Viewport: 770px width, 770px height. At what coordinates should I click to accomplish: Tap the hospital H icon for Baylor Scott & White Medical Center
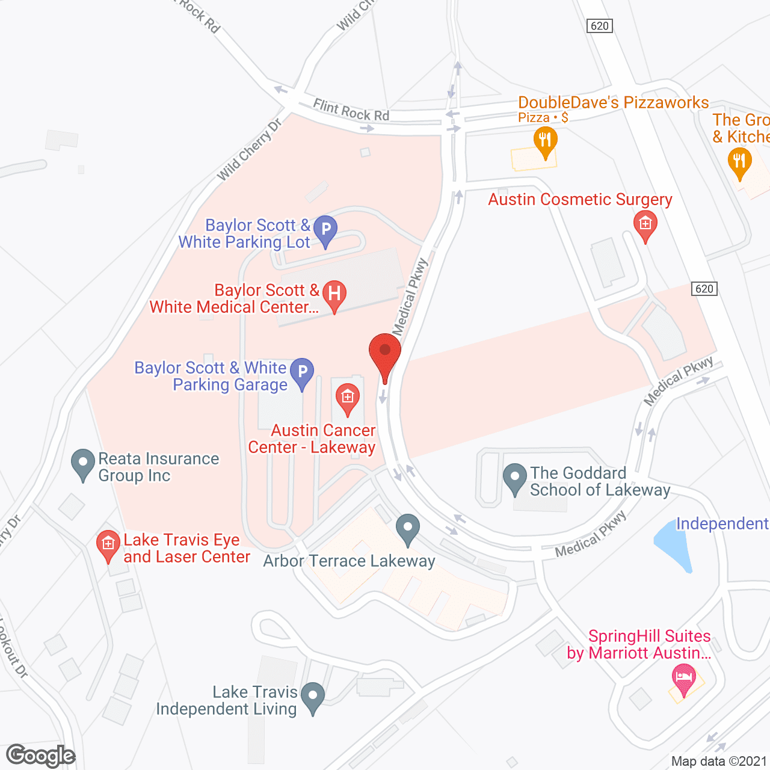tap(334, 295)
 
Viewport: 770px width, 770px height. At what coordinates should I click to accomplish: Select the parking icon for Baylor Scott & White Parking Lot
tap(325, 230)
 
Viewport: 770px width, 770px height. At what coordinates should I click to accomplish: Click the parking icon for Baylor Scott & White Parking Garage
tap(302, 372)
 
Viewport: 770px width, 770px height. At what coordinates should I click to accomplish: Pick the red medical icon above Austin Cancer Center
tap(347, 398)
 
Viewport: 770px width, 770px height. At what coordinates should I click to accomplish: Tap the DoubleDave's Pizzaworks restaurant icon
tap(545, 142)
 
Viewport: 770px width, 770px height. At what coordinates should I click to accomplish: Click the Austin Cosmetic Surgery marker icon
tap(645, 225)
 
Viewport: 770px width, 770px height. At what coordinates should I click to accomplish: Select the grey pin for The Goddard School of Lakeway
tap(514, 478)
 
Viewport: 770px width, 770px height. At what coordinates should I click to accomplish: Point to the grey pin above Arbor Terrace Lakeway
tap(408, 529)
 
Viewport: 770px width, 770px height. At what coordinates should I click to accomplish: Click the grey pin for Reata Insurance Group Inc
tap(83, 464)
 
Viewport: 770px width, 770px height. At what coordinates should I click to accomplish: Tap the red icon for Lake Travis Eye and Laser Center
tap(108, 545)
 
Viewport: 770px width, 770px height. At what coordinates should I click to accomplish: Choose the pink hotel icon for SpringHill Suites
tap(683, 679)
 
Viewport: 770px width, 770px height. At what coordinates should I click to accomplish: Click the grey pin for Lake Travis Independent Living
tap(312, 698)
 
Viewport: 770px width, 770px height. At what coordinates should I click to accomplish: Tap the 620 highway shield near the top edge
tap(599, 26)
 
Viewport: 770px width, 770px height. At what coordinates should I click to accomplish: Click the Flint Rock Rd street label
tap(351, 111)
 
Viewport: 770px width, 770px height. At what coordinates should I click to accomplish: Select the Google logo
tap(41, 756)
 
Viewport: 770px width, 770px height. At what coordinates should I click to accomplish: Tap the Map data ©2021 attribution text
tap(719, 762)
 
